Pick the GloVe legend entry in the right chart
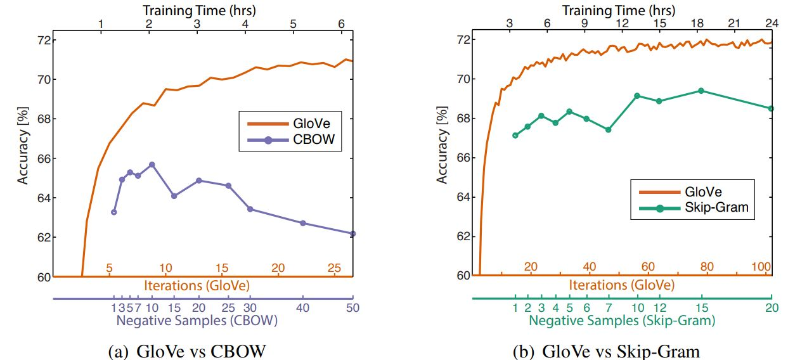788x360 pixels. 704,190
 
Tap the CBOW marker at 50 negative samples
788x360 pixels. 352,234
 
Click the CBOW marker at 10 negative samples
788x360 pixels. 152,165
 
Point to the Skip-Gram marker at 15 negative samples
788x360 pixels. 701,91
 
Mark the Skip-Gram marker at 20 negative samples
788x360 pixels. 772,108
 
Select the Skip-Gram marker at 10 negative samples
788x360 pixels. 637,96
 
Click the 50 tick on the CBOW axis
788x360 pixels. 352,307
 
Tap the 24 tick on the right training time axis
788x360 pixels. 772,24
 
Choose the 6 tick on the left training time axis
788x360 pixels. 342,24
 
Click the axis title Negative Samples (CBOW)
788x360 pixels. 197,321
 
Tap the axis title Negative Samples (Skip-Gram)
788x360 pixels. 622,321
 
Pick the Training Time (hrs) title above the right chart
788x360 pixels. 619,10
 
